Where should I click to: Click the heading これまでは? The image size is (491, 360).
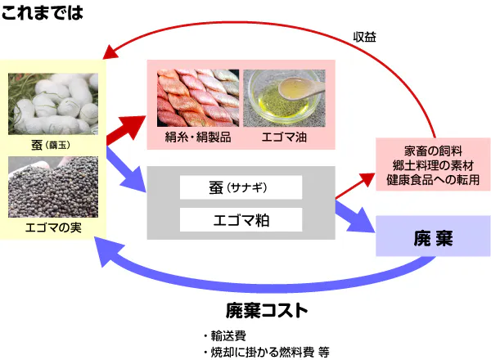point(43,13)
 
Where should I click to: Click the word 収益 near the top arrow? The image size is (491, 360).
point(365,38)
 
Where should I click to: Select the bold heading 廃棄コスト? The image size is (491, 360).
point(268,310)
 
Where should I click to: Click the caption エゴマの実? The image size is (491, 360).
point(54,226)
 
